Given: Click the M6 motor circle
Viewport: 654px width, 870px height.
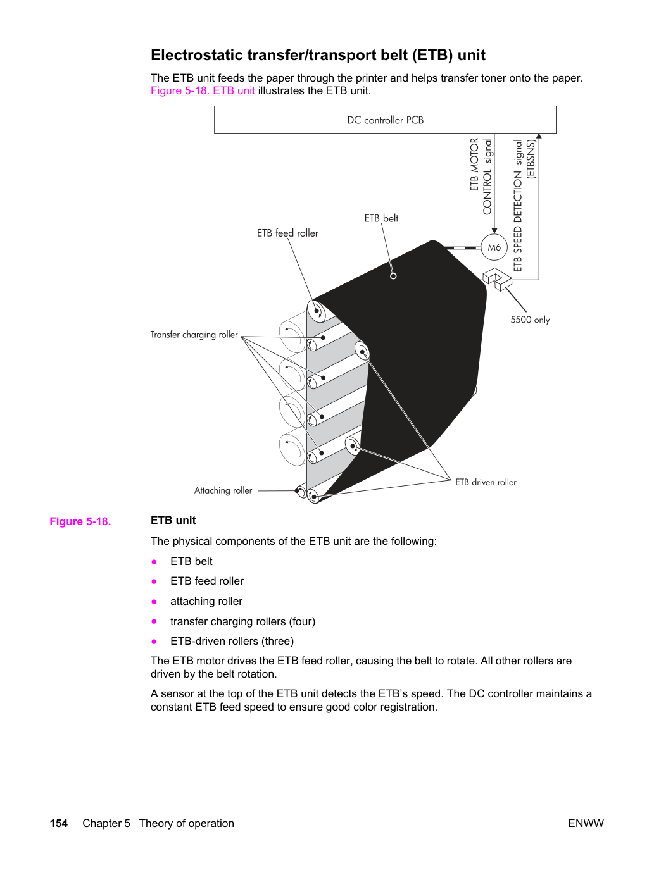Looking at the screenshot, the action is pyautogui.click(x=494, y=247).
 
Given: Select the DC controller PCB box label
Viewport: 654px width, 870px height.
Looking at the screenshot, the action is pyautogui.click(x=385, y=120).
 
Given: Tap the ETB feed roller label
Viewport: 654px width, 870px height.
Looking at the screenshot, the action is pyautogui.click(x=287, y=233).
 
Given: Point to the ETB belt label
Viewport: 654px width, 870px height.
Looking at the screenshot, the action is pyautogui.click(x=381, y=218).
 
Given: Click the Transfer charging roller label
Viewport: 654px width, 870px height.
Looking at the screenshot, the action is pyautogui.click(x=194, y=335).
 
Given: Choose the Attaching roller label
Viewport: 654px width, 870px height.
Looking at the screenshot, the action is pyautogui.click(x=223, y=490).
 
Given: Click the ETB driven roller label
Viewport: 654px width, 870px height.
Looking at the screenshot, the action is pyautogui.click(x=486, y=482).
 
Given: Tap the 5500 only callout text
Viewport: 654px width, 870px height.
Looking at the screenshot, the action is pyautogui.click(x=530, y=320).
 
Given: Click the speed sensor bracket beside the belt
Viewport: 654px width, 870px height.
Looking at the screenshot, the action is pyautogui.click(x=498, y=278).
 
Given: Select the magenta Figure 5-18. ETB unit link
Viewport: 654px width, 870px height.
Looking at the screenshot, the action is pyautogui.click(x=203, y=90).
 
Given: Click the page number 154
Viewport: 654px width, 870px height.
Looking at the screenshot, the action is pyautogui.click(x=59, y=823).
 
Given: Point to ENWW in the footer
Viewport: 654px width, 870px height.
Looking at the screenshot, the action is pyautogui.click(x=586, y=823).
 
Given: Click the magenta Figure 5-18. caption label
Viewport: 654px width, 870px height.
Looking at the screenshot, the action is pyautogui.click(x=80, y=521).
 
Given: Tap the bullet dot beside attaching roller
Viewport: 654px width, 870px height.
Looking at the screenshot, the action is pyautogui.click(x=154, y=602).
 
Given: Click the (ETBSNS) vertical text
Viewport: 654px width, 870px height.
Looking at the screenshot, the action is pyautogui.click(x=531, y=159).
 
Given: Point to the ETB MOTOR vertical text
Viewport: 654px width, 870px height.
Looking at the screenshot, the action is pyautogui.click(x=475, y=164).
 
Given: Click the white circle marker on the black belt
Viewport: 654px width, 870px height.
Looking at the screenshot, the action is pyautogui.click(x=393, y=276).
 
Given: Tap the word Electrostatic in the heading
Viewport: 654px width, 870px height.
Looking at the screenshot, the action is pyautogui.click(x=196, y=55).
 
